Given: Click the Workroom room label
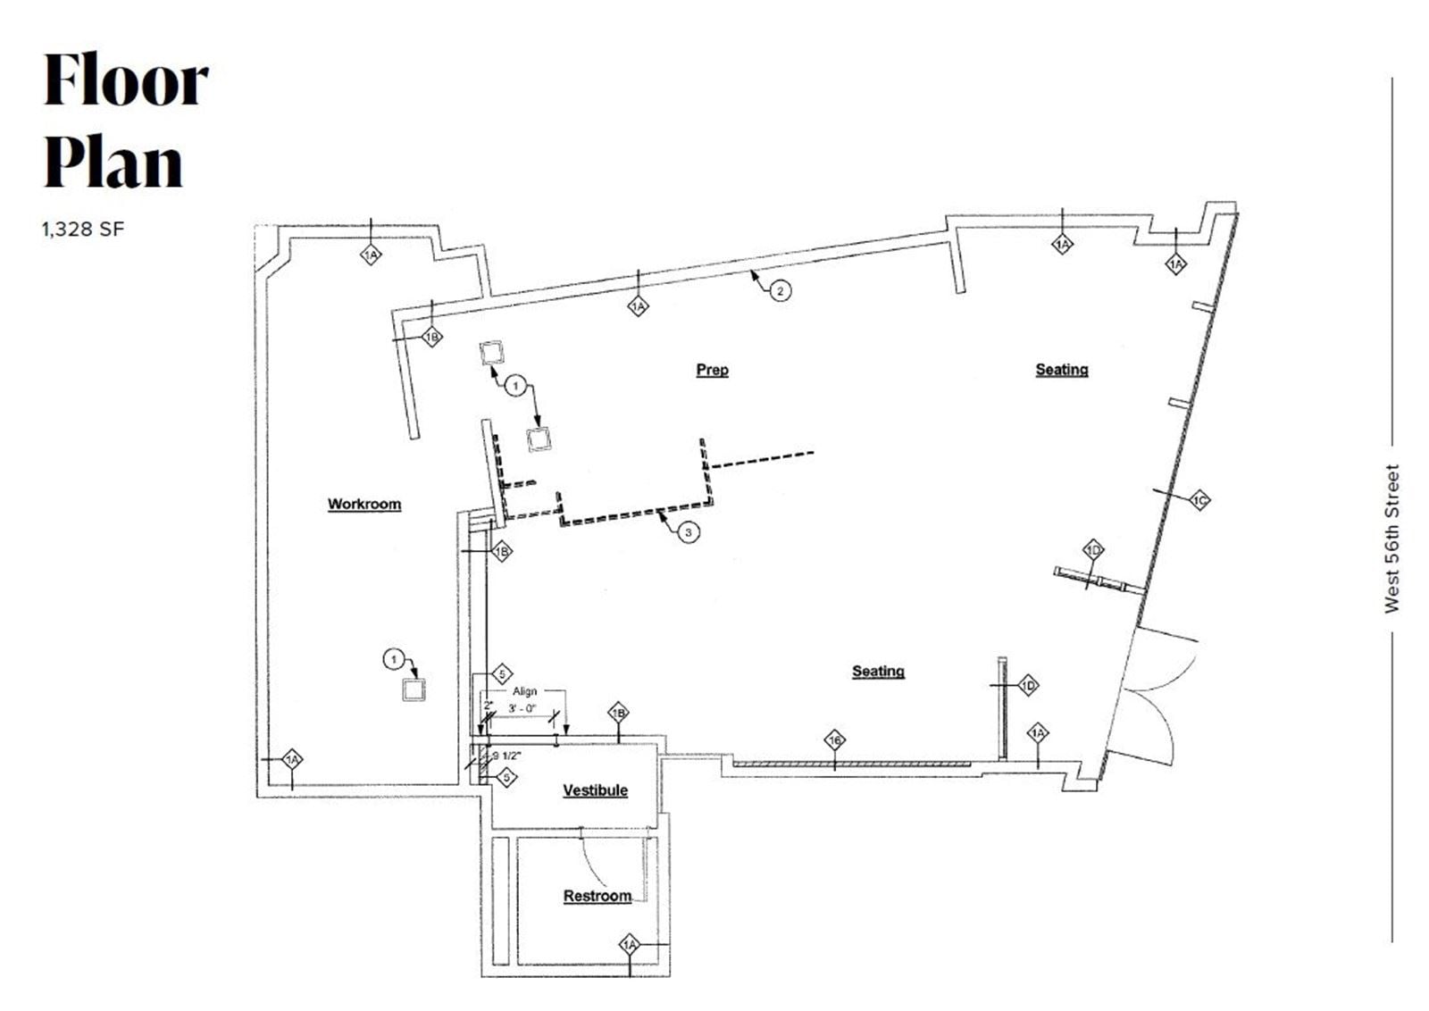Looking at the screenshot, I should pyautogui.click(x=364, y=504).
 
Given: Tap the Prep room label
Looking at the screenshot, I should pyautogui.click(x=712, y=369).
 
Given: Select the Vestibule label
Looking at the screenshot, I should pyautogui.click(x=595, y=790).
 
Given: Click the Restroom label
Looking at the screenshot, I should pyautogui.click(x=597, y=896).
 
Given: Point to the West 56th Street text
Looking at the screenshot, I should pyautogui.click(x=1391, y=539).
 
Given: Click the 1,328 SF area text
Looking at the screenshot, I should pyautogui.click(x=82, y=229).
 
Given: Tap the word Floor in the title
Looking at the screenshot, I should pyautogui.click(x=126, y=80).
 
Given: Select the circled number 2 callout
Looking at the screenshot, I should pyautogui.click(x=780, y=290).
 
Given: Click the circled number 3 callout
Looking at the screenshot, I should pyautogui.click(x=688, y=533).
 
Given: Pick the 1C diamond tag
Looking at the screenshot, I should pyautogui.click(x=1199, y=501).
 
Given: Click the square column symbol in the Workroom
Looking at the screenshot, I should pyautogui.click(x=414, y=689).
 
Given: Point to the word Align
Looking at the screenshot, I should pyautogui.click(x=524, y=691).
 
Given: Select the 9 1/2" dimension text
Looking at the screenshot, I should pyautogui.click(x=506, y=756).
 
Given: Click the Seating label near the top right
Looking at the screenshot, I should pyautogui.click(x=1061, y=369).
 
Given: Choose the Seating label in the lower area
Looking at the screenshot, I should pyautogui.click(x=877, y=671).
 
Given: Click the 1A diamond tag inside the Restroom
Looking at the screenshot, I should pyautogui.click(x=630, y=944).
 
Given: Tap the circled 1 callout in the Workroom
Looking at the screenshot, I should pyautogui.click(x=393, y=660).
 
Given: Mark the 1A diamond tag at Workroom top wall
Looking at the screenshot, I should pyautogui.click(x=371, y=255).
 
